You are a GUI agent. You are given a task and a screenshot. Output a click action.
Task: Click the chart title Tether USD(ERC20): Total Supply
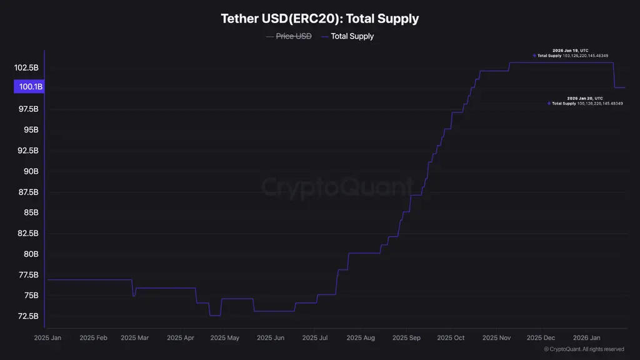point(319,19)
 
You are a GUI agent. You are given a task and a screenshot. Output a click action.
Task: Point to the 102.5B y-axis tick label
point(27,67)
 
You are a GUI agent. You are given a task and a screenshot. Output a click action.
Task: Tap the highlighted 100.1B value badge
point(29,87)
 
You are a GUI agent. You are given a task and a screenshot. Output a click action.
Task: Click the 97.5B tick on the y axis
point(27,109)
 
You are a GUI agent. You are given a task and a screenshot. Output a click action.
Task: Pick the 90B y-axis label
point(31,171)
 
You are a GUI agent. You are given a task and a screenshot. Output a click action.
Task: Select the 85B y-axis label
point(31,212)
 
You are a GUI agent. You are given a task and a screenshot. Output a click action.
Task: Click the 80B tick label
point(31,254)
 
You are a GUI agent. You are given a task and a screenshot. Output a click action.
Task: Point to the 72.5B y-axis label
point(27,316)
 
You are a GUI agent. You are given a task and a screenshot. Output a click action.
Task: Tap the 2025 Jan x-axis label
point(47,338)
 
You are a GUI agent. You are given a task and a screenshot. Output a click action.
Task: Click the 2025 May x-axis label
point(224,338)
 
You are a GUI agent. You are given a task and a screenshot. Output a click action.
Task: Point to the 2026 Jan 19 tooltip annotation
point(571,53)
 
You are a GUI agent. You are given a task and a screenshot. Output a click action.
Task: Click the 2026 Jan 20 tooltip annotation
point(585,101)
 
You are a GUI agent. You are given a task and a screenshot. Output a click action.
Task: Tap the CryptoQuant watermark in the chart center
point(337,187)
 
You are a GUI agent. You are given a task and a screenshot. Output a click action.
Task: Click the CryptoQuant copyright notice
point(584,349)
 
